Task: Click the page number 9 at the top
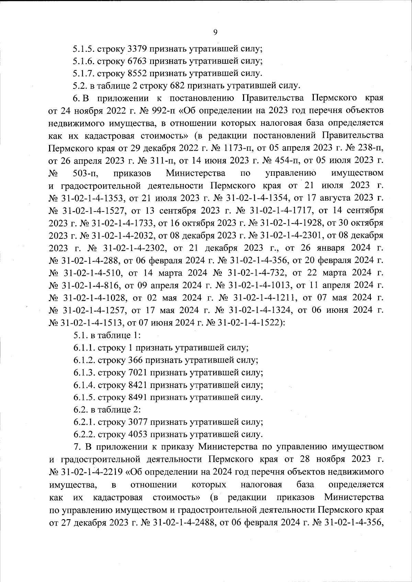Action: pyautogui.click(x=215, y=32)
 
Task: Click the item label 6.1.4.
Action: pyautogui.click(x=84, y=385)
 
